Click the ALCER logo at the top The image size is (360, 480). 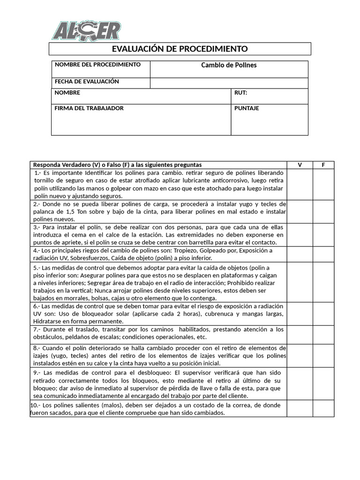click(86, 31)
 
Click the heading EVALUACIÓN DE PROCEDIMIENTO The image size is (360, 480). click(180, 49)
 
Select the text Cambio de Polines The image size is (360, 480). click(229, 65)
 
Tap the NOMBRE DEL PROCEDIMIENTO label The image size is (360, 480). click(97, 65)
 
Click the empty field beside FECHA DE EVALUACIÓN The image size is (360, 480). click(229, 83)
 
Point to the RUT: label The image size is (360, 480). click(240, 93)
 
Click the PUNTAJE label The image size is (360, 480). click(247, 108)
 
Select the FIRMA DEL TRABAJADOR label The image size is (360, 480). click(89, 108)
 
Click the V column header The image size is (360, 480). click(300, 165)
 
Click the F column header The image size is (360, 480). click(323, 165)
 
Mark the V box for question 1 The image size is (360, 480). click(300, 184)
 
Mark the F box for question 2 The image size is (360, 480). click(323, 211)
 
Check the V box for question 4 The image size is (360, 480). click(300, 254)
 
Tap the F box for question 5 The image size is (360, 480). click(323, 282)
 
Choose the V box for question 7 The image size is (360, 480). click(300, 334)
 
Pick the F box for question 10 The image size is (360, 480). click(323, 408)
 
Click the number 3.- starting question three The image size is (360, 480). click(37, 227)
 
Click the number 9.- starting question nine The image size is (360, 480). click(37, 372)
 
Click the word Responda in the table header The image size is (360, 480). click(47, 165)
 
